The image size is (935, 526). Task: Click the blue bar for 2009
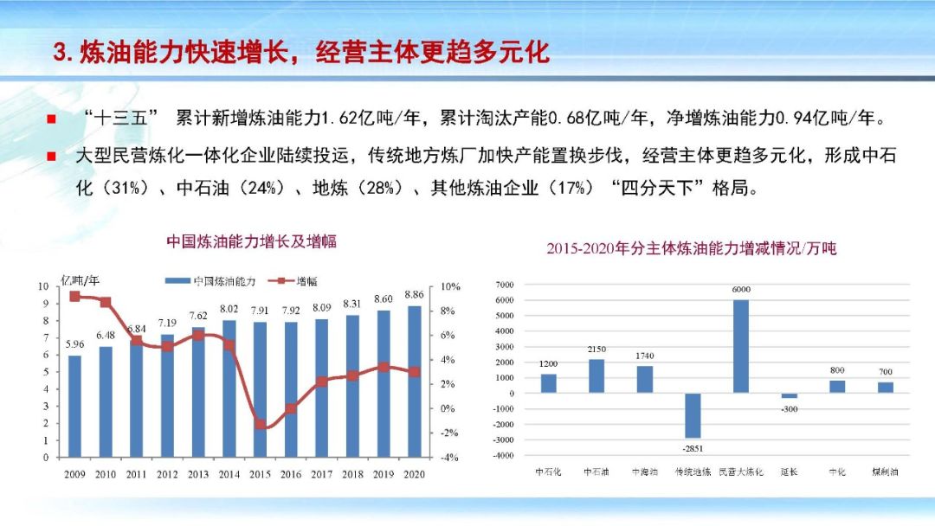tap(75, 406)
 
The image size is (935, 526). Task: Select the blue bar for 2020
tap(414, 381)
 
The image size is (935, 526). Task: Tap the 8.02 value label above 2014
tap(229, 309)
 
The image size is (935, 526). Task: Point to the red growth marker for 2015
tap(260, 425)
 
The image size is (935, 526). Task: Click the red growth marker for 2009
tap(74, 297)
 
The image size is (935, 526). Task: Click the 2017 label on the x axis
tap(321, 474)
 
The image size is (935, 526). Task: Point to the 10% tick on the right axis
tap(450, 286)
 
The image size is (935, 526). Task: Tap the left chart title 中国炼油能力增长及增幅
tap(251, 242)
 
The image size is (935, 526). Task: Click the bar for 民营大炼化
tap(741, 346)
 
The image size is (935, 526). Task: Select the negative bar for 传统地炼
tap(693, 415)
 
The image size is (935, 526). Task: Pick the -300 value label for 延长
tap(789, 408)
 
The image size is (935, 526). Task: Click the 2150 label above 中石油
tap(596, 350)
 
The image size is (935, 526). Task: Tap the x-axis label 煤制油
tap(885, 472)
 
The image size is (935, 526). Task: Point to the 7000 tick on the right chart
tap(504, 285)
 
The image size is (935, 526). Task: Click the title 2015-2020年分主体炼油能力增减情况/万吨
tap(691, 248)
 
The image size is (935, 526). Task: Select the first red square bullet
tap(52, 119)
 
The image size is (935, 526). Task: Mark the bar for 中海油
tap(645, 379)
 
